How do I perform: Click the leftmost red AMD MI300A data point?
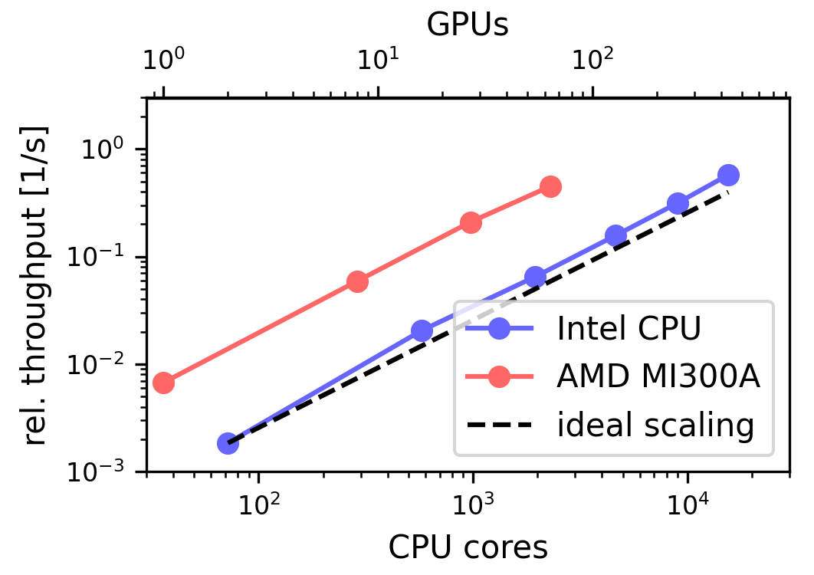(x=163, y=383)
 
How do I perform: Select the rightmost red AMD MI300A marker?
(x=550, y=186)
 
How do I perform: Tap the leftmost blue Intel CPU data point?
(x=228, y=443)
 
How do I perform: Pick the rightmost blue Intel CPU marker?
(x=728, y=175)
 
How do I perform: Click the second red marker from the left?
(x=357, y=282)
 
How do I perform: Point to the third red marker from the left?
(x=471, y=223)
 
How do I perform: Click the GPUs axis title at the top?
(x=468, y=25)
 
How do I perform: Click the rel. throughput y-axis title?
(x=35, y=284)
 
